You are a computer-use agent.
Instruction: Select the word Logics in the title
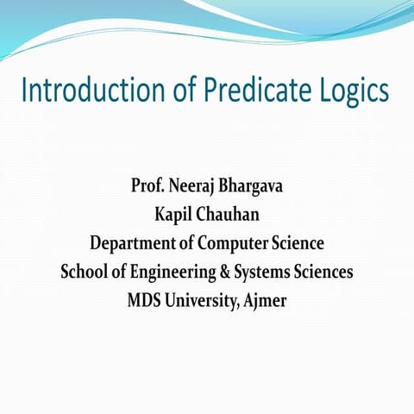click(350, 91)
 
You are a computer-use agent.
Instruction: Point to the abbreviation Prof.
click(146, 185)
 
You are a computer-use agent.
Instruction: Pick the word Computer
click(233, 243)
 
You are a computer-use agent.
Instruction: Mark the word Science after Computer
click(297, 242)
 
